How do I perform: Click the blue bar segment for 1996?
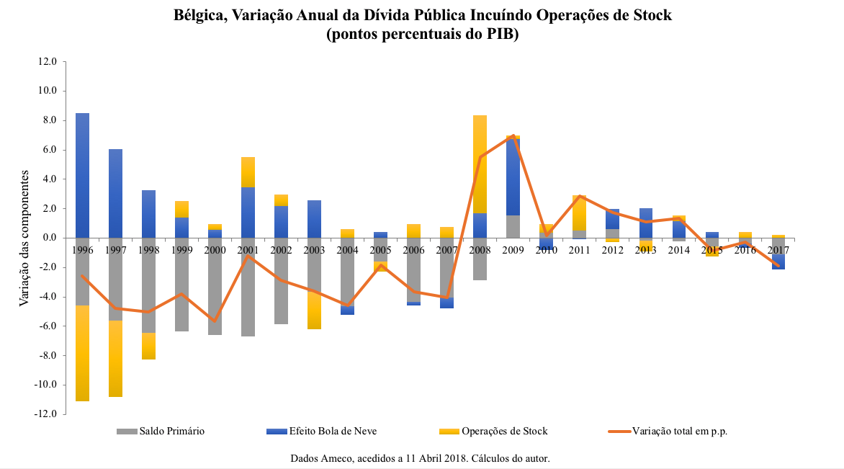coord(82,175)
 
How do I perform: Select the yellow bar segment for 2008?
coord(480,164)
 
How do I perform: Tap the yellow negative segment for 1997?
coord(115,359)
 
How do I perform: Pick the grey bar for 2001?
coord(248,287)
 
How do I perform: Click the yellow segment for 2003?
coord(314,310)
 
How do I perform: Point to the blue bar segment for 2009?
coord(513,177)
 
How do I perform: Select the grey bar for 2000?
coord(215,286)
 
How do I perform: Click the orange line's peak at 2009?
coord(513,135)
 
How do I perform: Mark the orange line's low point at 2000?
coord(215,321)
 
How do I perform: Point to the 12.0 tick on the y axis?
coord(48,62)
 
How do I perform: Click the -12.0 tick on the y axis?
coord(46,414)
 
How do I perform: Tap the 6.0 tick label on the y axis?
coord(48,150)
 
